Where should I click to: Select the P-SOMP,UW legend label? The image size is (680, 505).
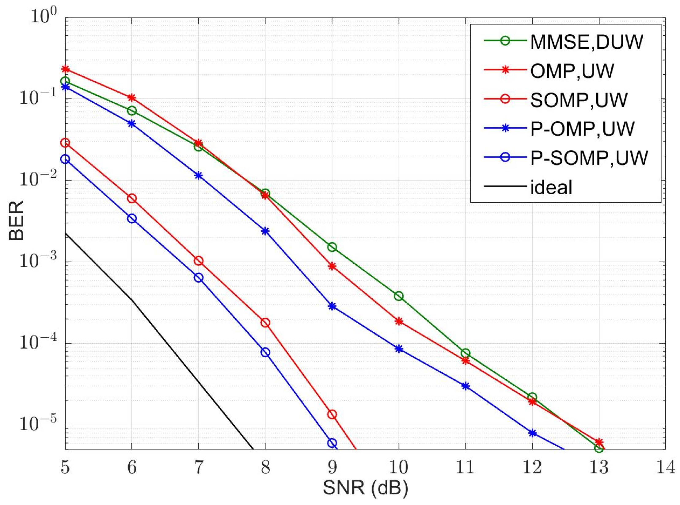click(x=589, y=158)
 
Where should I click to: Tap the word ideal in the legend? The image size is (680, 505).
click(x=551, y=187)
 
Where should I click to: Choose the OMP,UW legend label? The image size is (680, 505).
click(x=572, y=71)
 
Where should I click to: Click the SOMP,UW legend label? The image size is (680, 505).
click(x=578, y=100)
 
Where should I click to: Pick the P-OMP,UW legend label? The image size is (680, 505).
click(x=582, y=129)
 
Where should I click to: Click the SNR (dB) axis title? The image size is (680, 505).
click(x=365, y=488)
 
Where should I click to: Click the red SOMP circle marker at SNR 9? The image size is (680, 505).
click(x=332, y=415)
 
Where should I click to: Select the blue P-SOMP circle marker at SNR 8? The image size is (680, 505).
click(x=265, y=352)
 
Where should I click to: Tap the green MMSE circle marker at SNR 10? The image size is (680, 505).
click(x=399, y=296)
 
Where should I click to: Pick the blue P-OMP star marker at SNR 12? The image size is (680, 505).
click(x=532, y=433)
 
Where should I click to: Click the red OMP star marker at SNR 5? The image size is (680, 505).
click(x=65, y=69)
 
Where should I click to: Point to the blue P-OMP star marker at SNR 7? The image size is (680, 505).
click(x=199, y=175)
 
